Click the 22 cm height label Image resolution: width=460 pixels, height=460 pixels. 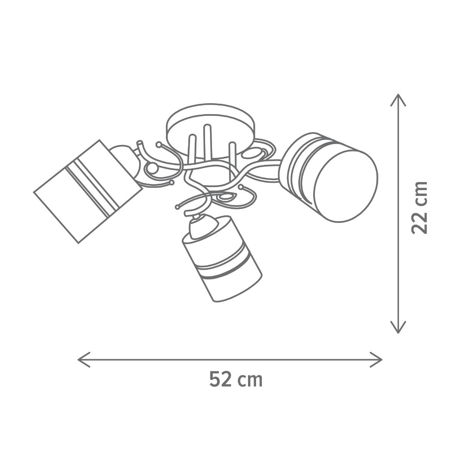[419, 208]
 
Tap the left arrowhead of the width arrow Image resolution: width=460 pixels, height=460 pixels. [84, 360]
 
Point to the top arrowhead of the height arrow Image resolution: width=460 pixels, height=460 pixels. [398, 100]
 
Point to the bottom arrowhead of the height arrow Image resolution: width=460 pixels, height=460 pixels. [398, 327]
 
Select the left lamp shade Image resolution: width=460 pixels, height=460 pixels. [88, 191]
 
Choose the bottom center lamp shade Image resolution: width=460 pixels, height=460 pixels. [222, 259]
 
